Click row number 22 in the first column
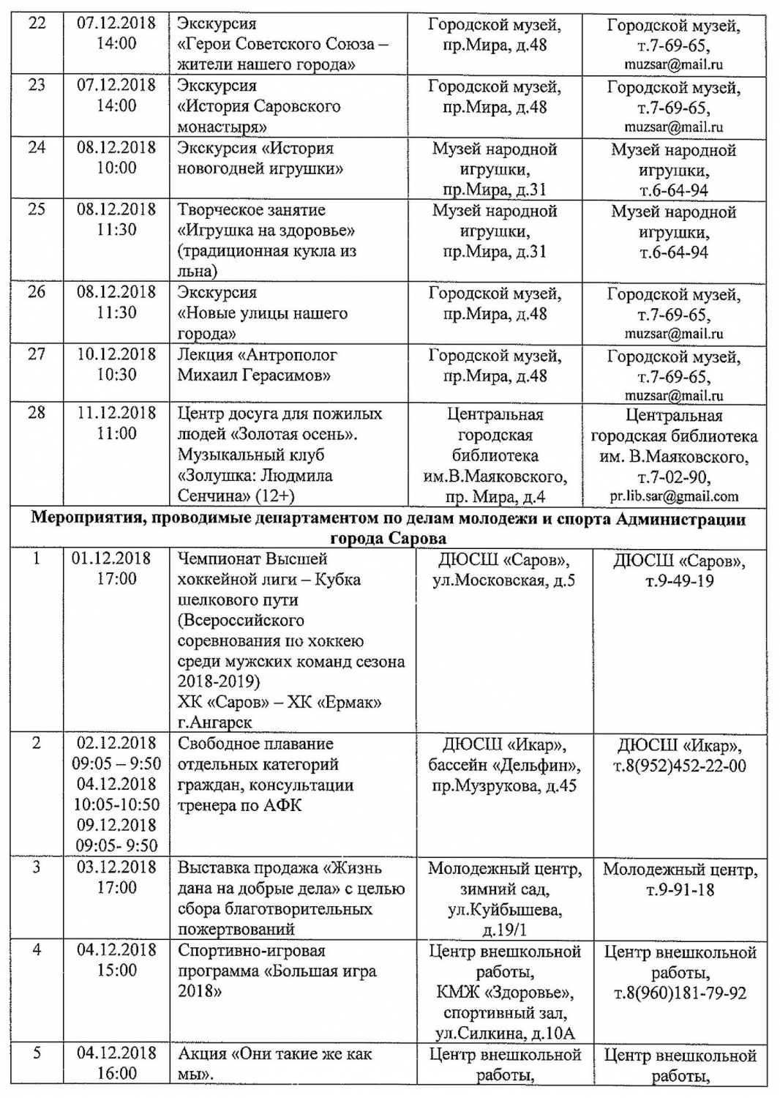36,23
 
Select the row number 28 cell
36,413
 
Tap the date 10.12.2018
116,354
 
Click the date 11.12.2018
116,413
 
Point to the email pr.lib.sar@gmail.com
674,496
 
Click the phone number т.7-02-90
673,477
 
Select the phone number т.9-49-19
678,581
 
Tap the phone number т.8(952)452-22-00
679,766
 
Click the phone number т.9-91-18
680,890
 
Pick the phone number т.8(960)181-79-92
680,993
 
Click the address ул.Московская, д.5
504,581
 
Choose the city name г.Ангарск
215,722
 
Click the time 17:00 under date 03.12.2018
116,888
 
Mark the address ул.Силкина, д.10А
506,1034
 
